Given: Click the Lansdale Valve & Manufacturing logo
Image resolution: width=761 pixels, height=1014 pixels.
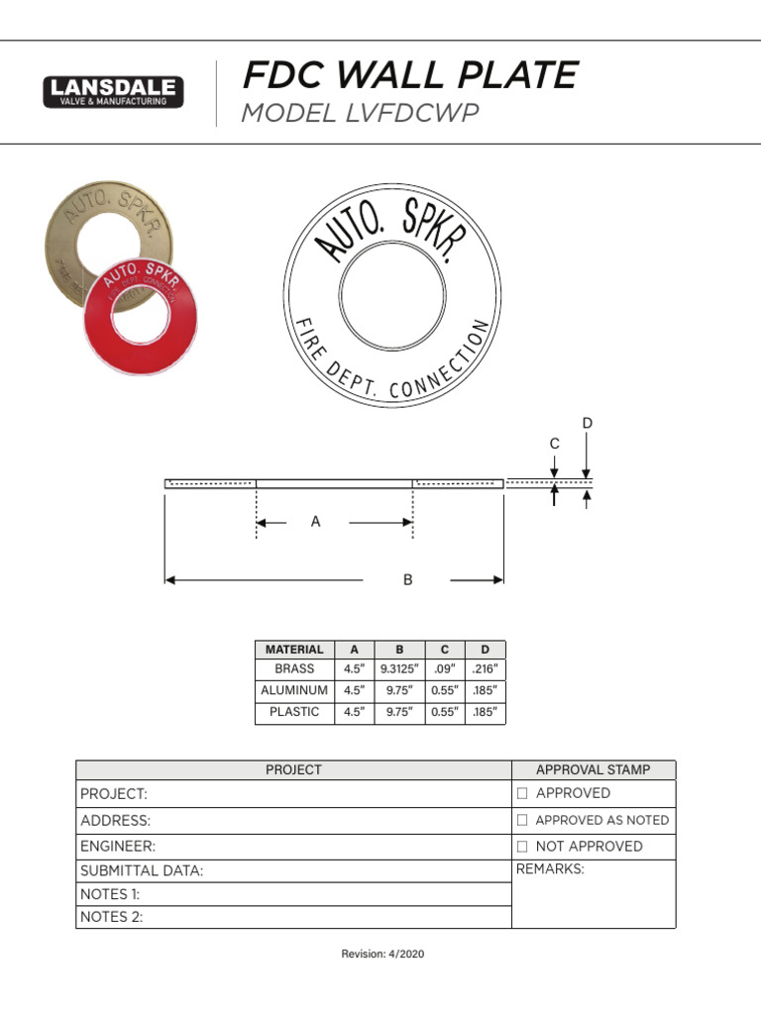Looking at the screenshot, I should click(113, 91).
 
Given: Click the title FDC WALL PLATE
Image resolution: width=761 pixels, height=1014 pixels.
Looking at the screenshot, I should click(409, 75).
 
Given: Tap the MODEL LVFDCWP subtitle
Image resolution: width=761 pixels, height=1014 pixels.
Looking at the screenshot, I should click(360, 114).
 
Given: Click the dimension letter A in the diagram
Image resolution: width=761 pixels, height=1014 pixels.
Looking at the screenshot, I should click(316, 522).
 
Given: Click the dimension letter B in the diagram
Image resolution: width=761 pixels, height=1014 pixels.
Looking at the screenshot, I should click(407, 580).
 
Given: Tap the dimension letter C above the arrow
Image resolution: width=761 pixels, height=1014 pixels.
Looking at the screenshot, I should click(554, 445).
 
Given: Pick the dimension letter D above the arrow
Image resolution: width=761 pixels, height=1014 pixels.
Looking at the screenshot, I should click(587, 424).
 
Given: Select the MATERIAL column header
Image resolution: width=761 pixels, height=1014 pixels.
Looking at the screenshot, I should click(294, 650).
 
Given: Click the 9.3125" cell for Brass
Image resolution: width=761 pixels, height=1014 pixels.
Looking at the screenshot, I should click(399, 669).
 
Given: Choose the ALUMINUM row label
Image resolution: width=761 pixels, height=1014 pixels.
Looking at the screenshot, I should click(294, 690).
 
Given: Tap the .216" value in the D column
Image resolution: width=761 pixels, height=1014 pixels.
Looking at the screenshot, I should click(485, 669).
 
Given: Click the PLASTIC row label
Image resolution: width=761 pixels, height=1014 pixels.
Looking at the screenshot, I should click(294, 712).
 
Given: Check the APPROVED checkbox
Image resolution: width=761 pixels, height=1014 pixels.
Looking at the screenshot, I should click(522, 794).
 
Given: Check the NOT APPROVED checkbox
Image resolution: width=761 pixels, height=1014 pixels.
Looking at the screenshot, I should click(522, 847).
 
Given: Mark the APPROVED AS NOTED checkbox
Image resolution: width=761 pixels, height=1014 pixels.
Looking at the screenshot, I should click(522, 821).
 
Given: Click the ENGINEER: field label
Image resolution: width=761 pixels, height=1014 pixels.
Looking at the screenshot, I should click(118, 847).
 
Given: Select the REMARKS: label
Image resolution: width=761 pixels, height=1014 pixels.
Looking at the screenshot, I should click(550, 869).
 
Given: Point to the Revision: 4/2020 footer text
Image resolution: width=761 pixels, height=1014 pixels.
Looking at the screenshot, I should click(382, 954).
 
